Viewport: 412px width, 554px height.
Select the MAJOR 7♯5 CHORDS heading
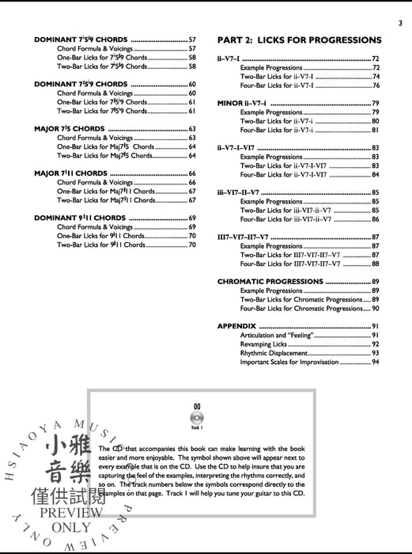coord(69,128)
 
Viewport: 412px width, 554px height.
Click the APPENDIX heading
coord(237,326)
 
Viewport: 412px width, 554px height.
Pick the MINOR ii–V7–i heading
coord(243,104)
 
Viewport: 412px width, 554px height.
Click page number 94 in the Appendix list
coord(376,362)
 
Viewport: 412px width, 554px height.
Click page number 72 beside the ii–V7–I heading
coord(376,59)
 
